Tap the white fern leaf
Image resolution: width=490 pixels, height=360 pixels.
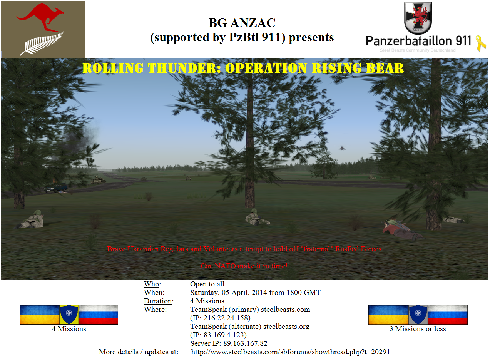pos(42,44)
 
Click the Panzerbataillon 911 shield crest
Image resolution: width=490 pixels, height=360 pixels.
pos(418,18)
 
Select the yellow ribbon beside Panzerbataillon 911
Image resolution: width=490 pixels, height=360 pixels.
pos(481,44)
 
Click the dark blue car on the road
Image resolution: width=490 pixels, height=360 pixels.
pos(56,188)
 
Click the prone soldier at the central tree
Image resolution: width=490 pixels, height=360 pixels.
pos(257,218)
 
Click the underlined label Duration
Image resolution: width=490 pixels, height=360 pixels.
pos(158,301)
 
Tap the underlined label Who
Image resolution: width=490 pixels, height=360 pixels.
pos(151,284)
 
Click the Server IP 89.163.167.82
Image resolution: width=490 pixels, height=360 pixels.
pos(245,343)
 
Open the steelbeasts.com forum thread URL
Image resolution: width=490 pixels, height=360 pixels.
pos(291,352)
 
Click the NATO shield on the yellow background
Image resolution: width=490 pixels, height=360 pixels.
pos(69,315)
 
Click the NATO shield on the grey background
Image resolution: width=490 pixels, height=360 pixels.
pos(418,315)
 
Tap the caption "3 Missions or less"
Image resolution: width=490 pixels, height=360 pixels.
pos(418,329)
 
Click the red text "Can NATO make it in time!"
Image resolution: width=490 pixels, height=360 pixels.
pos(244,266)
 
